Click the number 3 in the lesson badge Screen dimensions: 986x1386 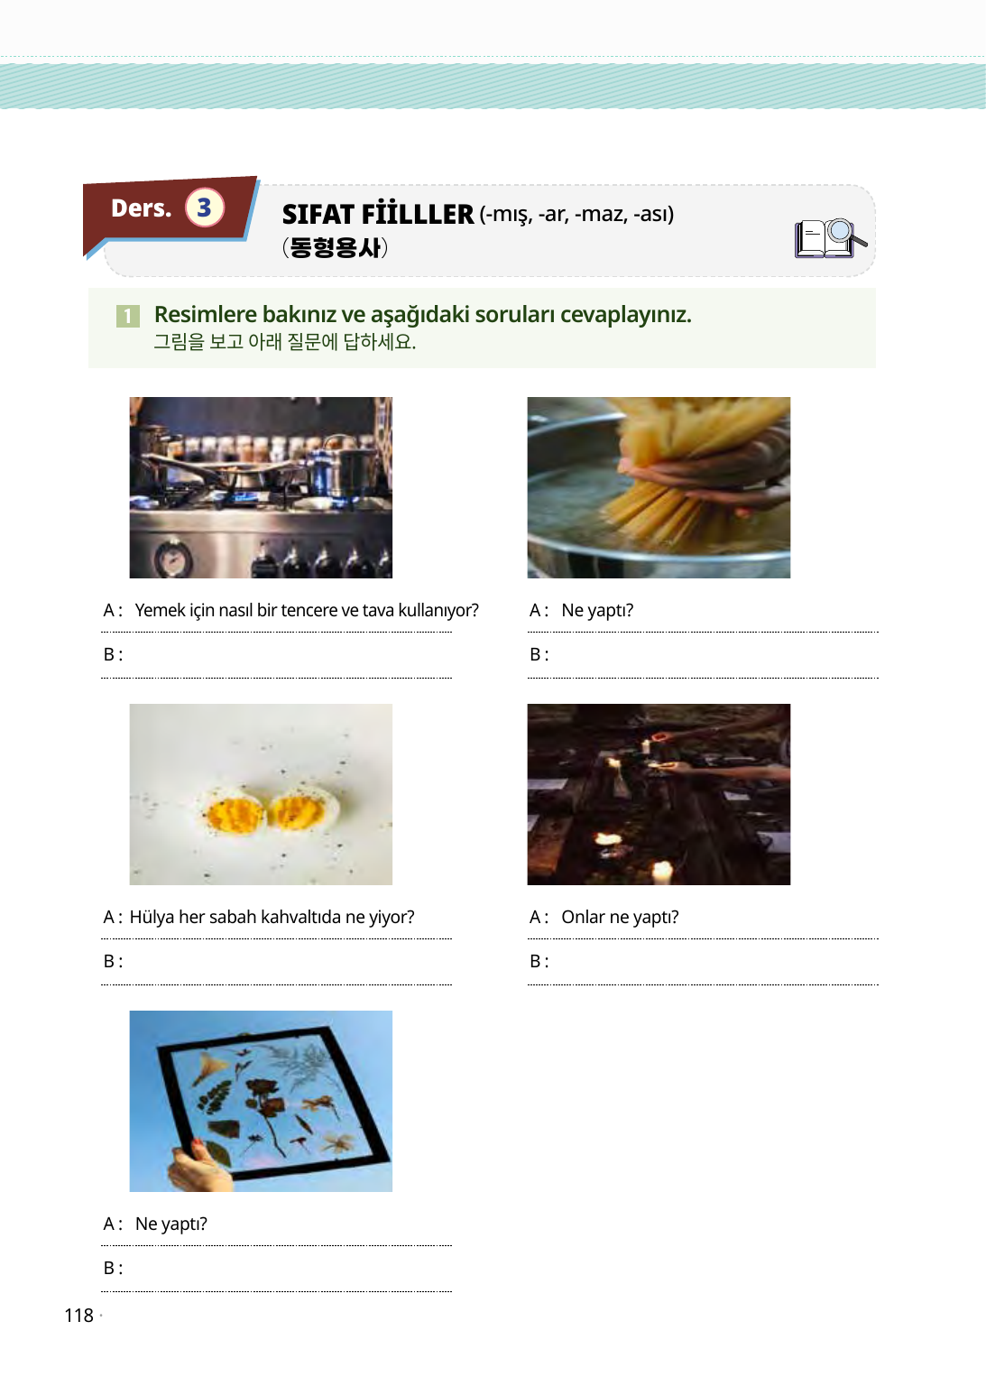[x=204, y=208]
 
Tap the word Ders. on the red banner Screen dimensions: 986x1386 [x=141, y=208]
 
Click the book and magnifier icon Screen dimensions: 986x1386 [x=830, y=238]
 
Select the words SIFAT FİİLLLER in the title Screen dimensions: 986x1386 [x=377, y=214]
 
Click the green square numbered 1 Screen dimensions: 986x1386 [x=128, y=316]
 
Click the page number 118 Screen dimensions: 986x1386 [x=78, y=1316]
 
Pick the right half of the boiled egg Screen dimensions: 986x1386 [x=304, y=807]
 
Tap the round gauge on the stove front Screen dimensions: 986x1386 [x=172, y=558]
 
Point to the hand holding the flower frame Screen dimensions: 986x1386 [x=197, y=1168]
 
